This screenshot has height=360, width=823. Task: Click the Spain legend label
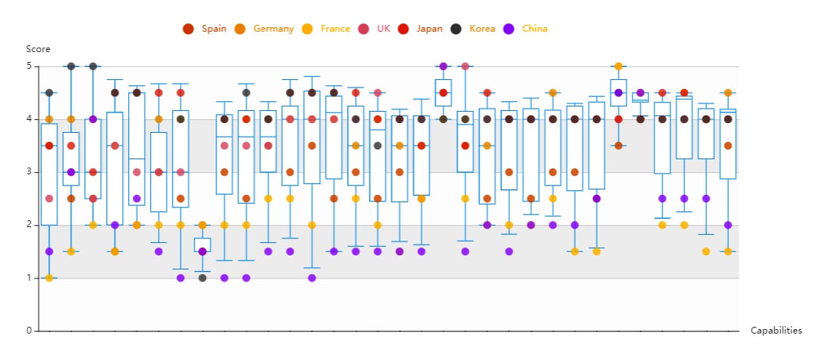click(214, 29)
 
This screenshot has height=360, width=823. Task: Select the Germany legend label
click(273, 29)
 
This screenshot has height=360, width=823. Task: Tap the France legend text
click(335, 29)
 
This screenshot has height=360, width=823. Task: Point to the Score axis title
click(38, 49)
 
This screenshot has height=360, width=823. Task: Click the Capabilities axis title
click(776, 331)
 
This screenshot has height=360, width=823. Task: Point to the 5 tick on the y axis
click(29, 66)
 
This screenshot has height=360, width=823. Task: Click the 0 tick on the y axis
click(29, 331)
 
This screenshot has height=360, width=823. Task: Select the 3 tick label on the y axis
click(29, 172)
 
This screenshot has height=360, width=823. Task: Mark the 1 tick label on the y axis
click(29, 278)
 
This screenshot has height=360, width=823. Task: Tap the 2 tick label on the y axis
click(29, 225)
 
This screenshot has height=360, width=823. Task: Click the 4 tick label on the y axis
click(29, 119)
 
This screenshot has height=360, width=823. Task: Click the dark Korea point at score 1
click(202, 278)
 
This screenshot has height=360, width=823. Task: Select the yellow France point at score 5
click(619, 66)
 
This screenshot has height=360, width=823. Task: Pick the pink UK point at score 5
click(465, 66)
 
